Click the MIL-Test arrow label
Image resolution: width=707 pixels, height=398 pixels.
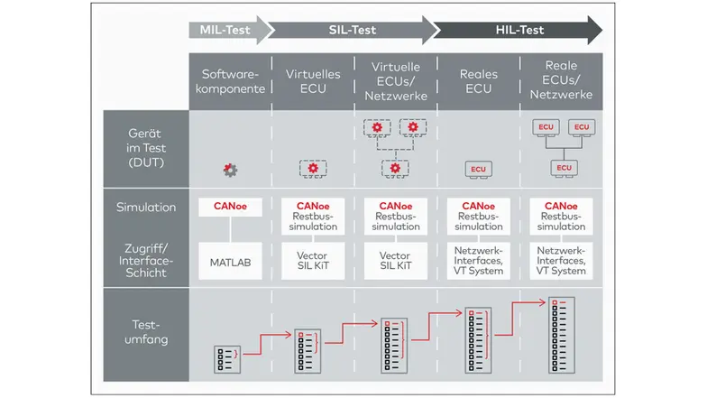224,31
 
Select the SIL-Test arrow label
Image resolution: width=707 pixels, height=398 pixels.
352,31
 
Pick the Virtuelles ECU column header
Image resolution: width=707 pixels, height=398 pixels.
312,82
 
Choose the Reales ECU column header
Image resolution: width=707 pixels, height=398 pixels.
478,82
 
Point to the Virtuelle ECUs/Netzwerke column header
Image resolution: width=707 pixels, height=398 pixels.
394,82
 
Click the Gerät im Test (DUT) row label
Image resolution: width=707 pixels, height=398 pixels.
145,149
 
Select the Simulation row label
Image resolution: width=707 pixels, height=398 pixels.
145,208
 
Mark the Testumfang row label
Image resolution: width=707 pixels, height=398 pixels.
145,333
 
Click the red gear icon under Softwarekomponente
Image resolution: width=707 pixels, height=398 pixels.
231,169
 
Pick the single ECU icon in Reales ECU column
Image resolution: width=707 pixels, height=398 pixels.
477,169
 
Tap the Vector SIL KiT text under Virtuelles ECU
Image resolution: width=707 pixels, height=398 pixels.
313,262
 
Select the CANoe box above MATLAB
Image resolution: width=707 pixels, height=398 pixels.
230,207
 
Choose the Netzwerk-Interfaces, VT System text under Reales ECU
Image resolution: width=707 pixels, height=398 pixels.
478,262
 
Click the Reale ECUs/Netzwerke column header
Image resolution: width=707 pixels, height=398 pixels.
561,82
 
